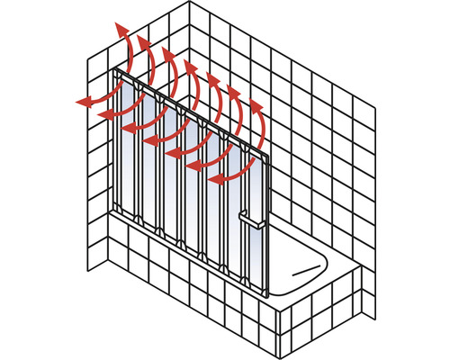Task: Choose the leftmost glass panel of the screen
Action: tap(126, 144)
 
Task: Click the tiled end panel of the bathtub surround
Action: tap(333, 297)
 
